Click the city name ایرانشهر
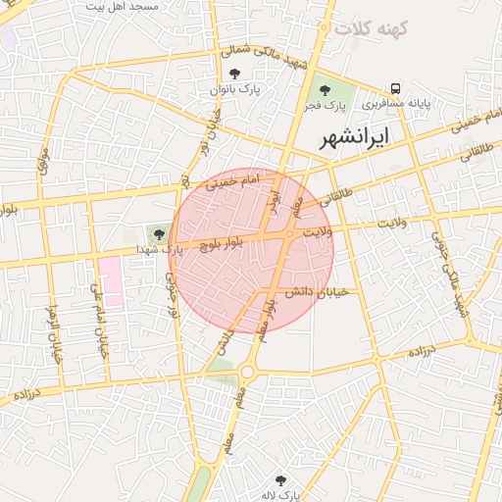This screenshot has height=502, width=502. (355, 137)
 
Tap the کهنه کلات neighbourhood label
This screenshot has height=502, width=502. (371, 27)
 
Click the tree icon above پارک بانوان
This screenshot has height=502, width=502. (233, 74)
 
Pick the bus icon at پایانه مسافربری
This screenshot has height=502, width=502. (396, 87)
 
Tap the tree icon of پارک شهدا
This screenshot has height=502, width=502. (159, 233)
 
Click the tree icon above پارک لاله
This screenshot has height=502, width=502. (281, 480)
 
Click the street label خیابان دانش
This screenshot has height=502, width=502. (311, 291)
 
